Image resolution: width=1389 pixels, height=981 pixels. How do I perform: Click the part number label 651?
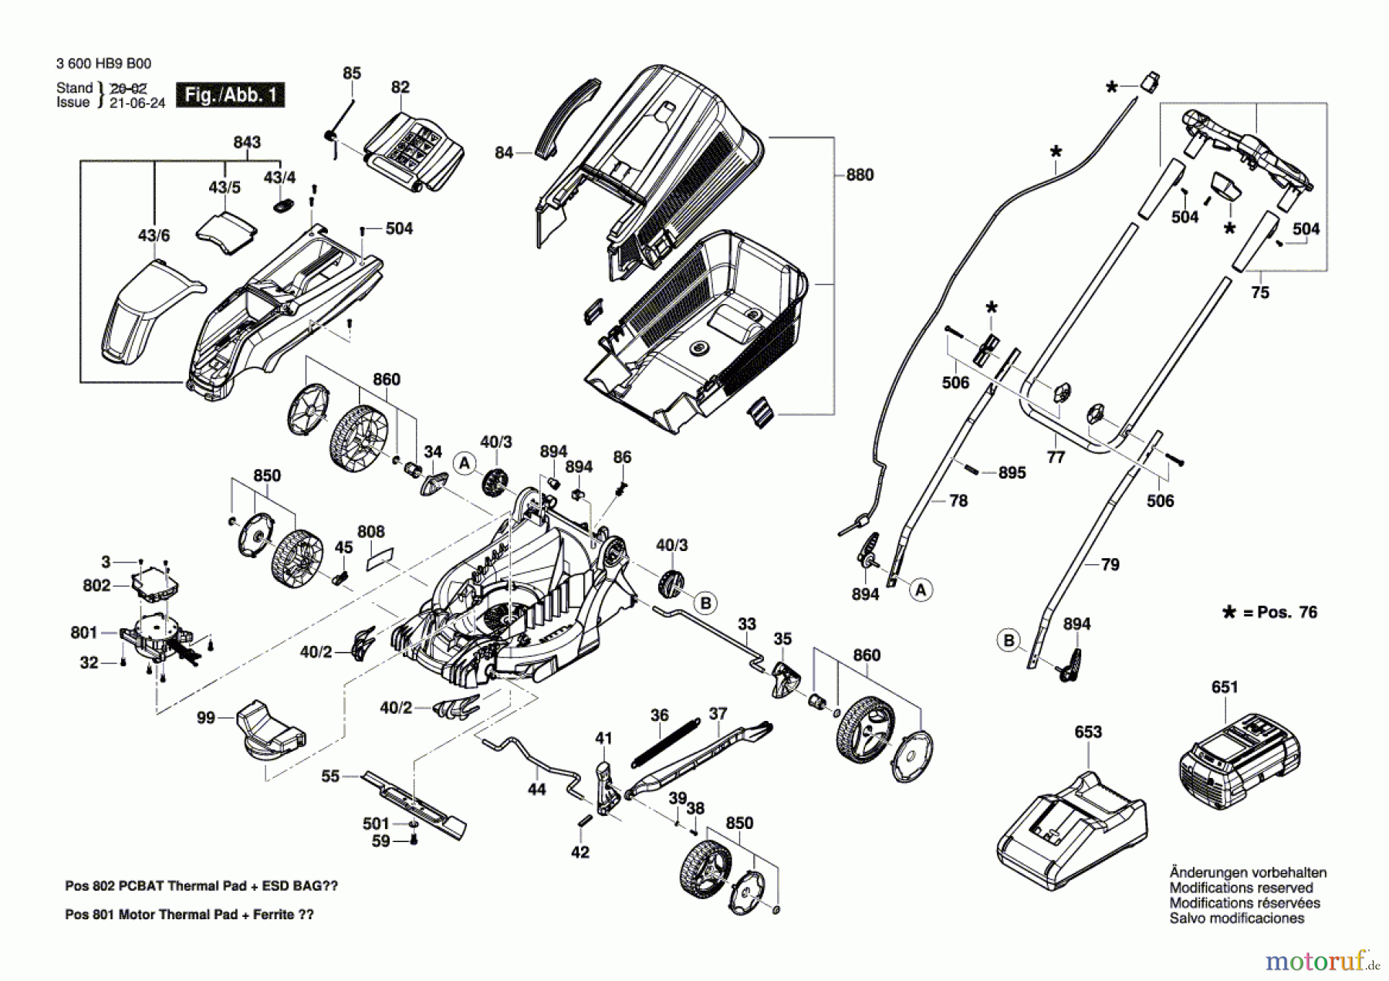coord(1225,687)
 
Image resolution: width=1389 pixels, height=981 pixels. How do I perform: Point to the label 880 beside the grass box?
coord(860,175)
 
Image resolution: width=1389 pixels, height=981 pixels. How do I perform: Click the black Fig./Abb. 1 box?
coord(230,95)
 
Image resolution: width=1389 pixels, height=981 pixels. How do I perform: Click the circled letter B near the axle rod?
coord(705,603)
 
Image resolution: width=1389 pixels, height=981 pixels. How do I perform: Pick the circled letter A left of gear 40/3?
coord(464,463)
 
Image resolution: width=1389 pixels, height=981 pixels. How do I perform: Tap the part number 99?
coord(205,718)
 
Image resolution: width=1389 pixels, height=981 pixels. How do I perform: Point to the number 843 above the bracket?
coord(247,143)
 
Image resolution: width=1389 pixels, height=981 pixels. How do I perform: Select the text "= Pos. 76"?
coord(1280,612)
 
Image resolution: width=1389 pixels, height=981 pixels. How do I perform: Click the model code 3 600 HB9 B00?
coord(103,64)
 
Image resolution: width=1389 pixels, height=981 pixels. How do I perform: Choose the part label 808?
coord(371,532)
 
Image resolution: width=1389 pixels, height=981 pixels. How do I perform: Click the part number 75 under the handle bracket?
coord(1260,293)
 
